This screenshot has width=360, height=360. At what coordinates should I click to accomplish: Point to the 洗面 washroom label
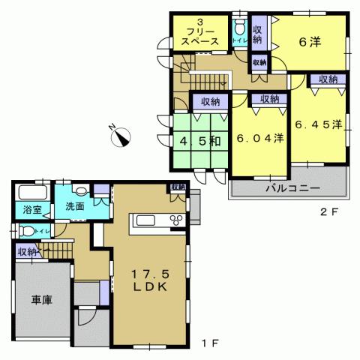click(73, 205)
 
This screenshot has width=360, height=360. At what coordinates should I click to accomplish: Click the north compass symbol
click(121, 135)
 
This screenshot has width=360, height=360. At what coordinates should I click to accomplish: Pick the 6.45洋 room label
click(317, 124)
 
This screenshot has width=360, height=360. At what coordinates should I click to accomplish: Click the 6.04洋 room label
click(259, 138)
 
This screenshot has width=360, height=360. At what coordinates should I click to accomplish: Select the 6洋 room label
click(309, 42)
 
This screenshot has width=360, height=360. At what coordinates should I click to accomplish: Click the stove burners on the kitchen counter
click(178, 220)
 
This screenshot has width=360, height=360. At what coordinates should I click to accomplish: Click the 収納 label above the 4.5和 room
click(209, 101)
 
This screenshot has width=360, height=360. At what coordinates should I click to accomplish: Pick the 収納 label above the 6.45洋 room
click(328, 79)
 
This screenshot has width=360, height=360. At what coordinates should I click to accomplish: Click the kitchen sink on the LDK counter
click(145, 220)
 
